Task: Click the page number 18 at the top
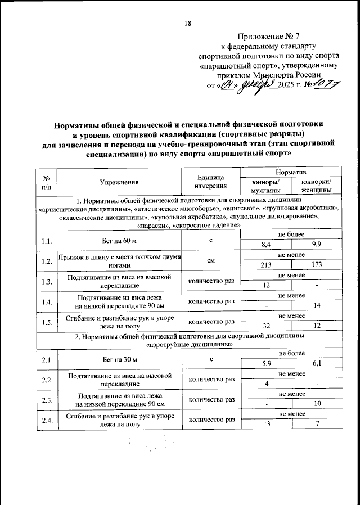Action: (188, 23)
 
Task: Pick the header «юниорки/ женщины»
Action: (316, 186)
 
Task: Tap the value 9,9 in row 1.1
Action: (316, 245)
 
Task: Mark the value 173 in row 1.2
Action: (316, 265)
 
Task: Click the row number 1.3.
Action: (47, 281)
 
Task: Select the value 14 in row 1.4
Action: (316, 305)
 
